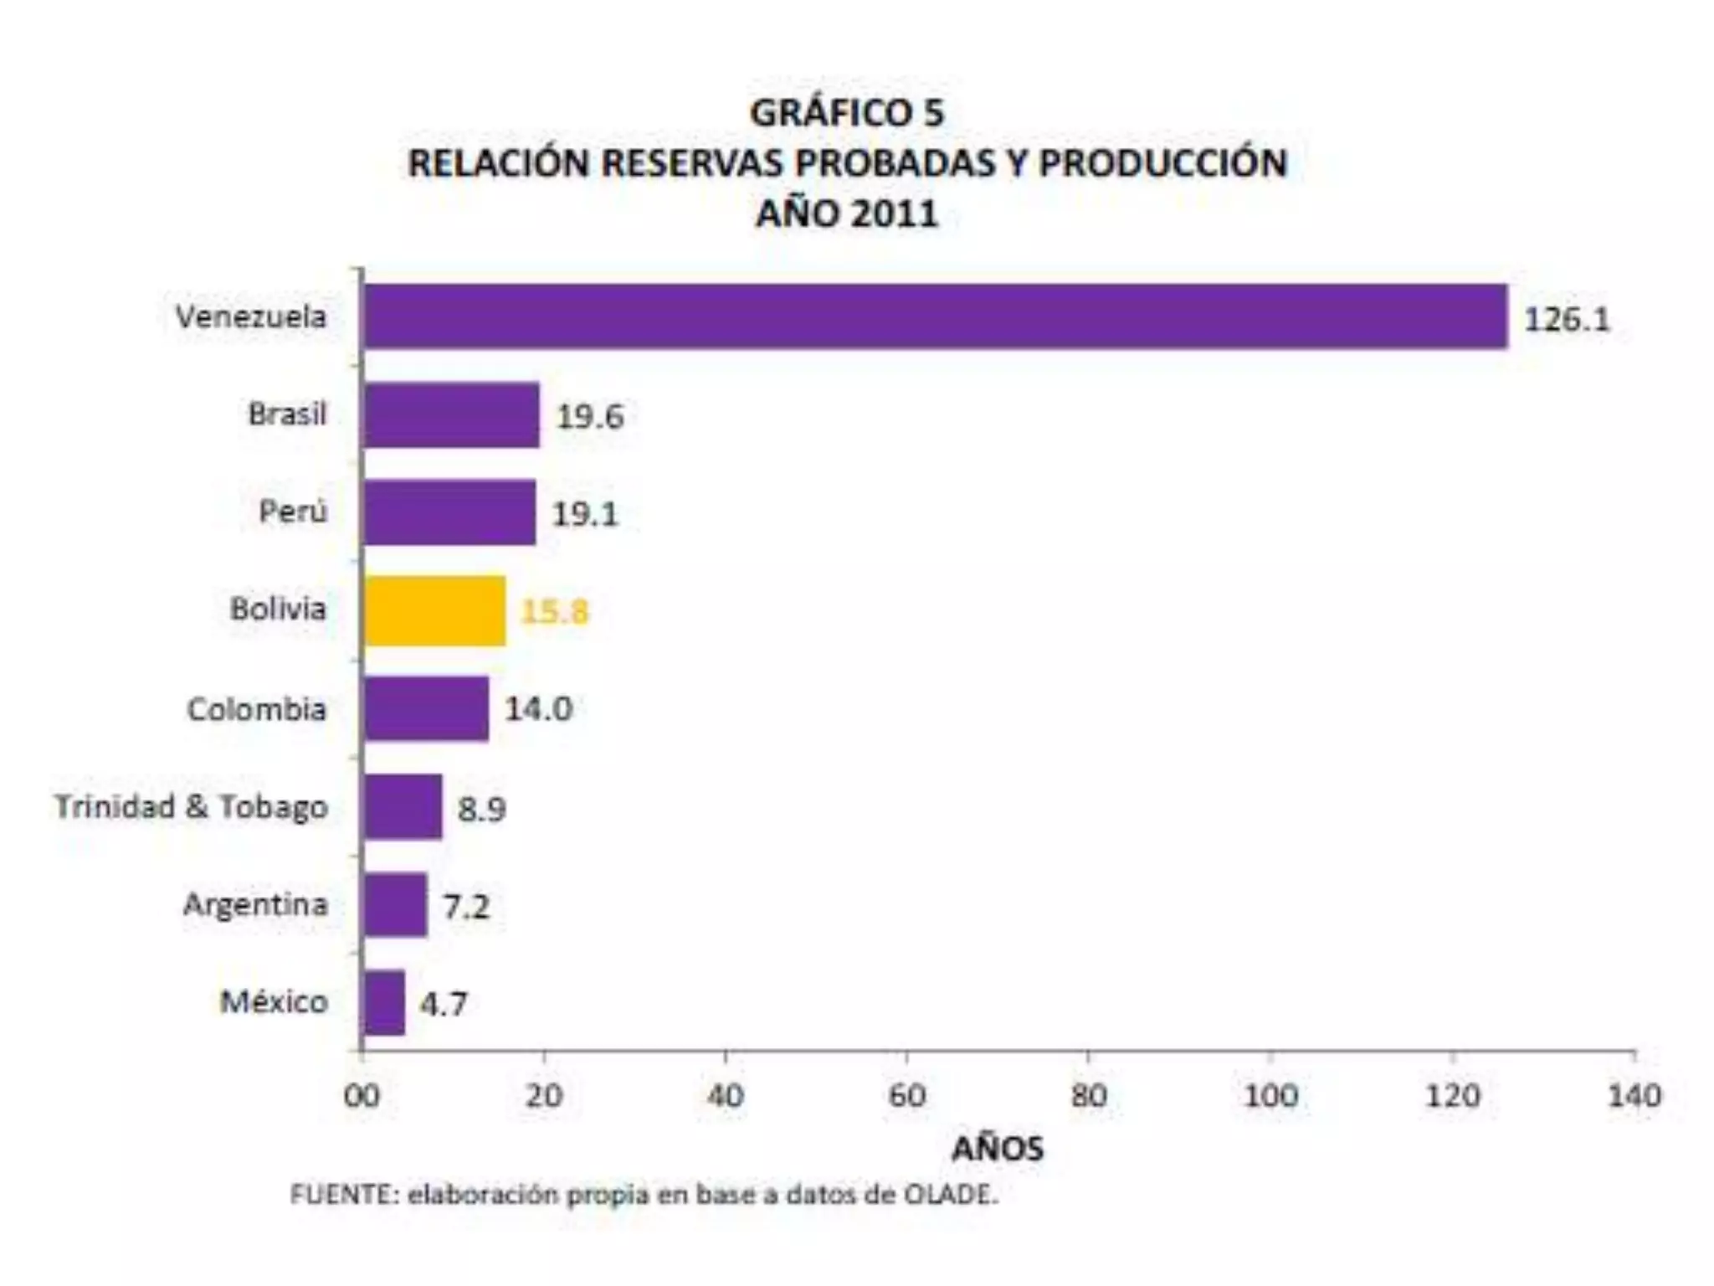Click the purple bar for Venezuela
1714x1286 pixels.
[935, 316]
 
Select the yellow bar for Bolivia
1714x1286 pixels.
[434, 610]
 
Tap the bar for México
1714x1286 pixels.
[384, 1002]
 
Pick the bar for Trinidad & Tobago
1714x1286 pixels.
[403, 807]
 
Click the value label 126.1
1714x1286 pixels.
[1567, 319]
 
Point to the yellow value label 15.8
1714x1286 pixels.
[555, 612]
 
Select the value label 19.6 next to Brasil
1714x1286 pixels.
[590, 416]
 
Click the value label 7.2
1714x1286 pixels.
[466, 906]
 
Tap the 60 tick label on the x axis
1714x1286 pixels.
[906, 1095]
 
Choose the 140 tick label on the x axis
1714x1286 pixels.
[1634, 1095]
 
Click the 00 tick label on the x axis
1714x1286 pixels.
[362, 1095]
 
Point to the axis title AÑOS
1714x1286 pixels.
[998, 1148]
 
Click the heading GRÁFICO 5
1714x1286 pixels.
[847, 113]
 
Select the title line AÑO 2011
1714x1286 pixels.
[847, 213]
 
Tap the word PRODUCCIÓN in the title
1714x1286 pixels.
[1162, 163]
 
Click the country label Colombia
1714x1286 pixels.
[256, 709]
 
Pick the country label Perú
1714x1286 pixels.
[292, 511]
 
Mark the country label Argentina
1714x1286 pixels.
[255, 904]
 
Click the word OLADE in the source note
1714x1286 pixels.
[951, 1194]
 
